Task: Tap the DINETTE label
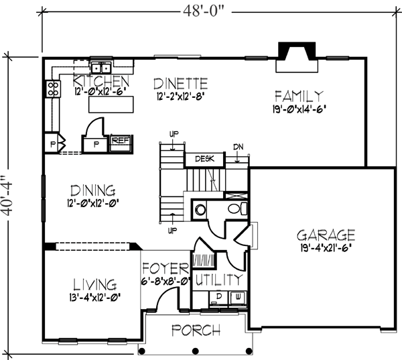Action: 180,83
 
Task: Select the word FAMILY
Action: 299,95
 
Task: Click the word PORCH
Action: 195,331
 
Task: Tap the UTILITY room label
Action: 218,278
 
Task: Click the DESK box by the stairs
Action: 204,160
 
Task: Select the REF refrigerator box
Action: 119,141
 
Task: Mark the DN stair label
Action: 239,147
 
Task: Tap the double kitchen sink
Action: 102,67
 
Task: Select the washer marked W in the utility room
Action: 237,296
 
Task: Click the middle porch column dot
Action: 195,351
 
